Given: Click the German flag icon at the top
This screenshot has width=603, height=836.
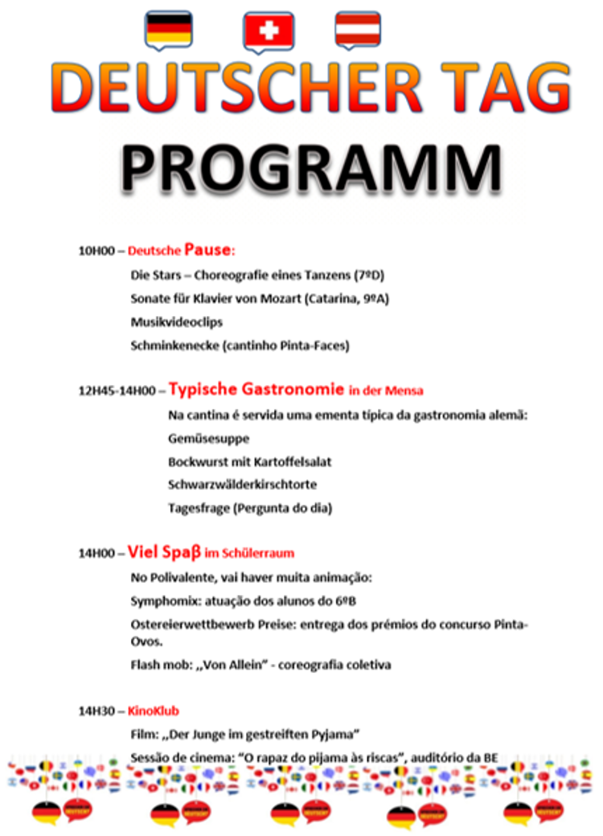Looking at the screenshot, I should coord(168,28).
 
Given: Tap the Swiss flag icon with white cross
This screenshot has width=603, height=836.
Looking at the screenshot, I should coord(269,30).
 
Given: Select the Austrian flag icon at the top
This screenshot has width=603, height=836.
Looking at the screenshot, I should coord(358,28).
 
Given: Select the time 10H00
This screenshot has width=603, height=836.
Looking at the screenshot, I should coord(96,251).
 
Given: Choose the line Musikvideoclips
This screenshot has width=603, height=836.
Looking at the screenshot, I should coord(177,322).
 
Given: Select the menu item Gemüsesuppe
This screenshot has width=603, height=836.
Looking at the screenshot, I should coord(208,439).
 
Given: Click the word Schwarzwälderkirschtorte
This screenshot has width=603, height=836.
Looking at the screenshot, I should coord(242,485).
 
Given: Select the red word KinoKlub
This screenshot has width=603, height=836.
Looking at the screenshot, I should coord(153,711).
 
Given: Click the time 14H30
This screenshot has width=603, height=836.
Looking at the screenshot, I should coord(96,711).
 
